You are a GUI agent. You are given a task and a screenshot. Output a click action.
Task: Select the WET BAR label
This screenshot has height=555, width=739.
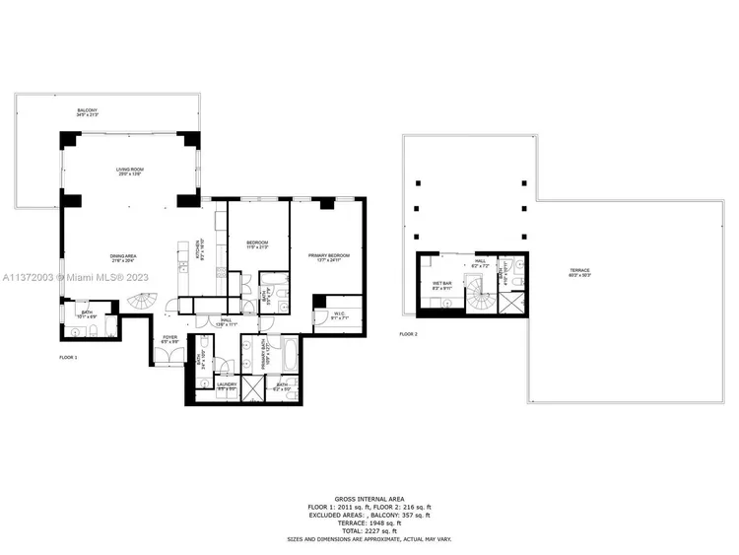[x=442, y=283]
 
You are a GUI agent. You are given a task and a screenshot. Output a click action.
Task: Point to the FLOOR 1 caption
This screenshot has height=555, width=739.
[x=68, y=356]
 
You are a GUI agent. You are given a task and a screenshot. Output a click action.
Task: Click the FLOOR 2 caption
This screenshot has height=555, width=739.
[x=409, y=335]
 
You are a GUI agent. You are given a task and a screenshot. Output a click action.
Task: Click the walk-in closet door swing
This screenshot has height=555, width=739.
[x=321, y=316]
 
